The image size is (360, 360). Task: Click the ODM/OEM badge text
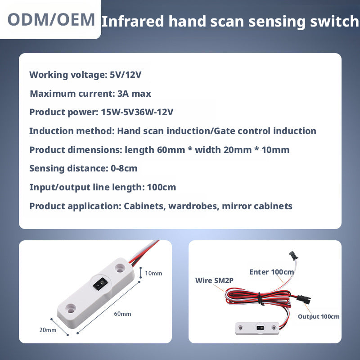click(52, 19)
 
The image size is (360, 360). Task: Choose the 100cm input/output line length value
click(162, 187)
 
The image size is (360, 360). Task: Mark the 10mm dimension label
click(153, 273)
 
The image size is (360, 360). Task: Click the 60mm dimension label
click(122, 314)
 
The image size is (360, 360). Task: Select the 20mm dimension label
click(48, 330)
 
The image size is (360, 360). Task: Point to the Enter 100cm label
click(271, 272)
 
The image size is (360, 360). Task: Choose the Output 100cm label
click(318, 316)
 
